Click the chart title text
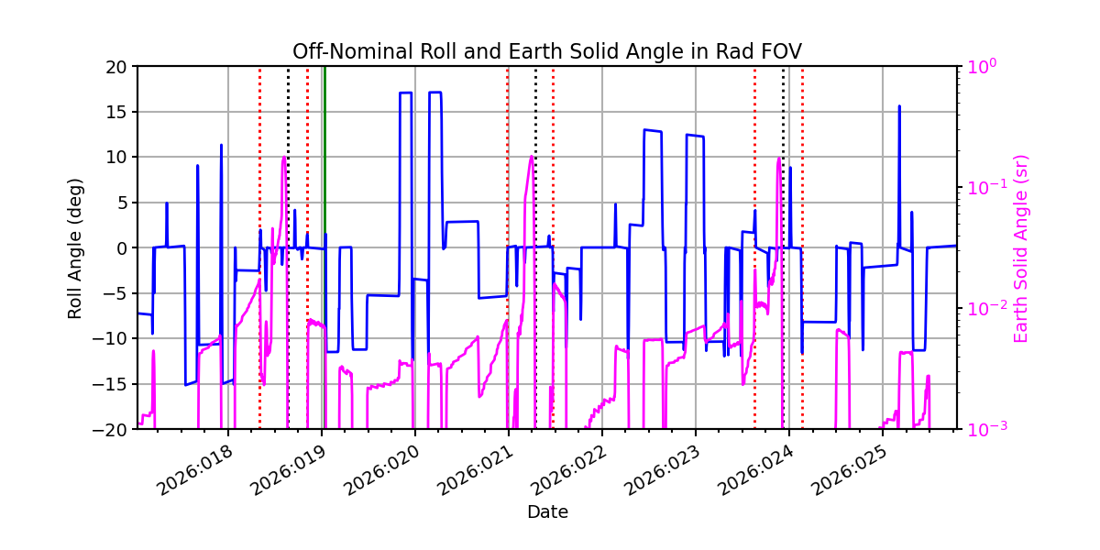click(546, 51)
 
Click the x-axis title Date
click(546, 511)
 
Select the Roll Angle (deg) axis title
click(75, 247)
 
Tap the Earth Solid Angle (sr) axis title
click(1021, 247)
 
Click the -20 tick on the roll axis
click(115, 429)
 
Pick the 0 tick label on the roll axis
click(124, 247)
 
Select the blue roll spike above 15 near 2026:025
click(899, 107)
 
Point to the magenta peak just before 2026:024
click(778, 159)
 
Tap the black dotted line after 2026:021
click(535, 275)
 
